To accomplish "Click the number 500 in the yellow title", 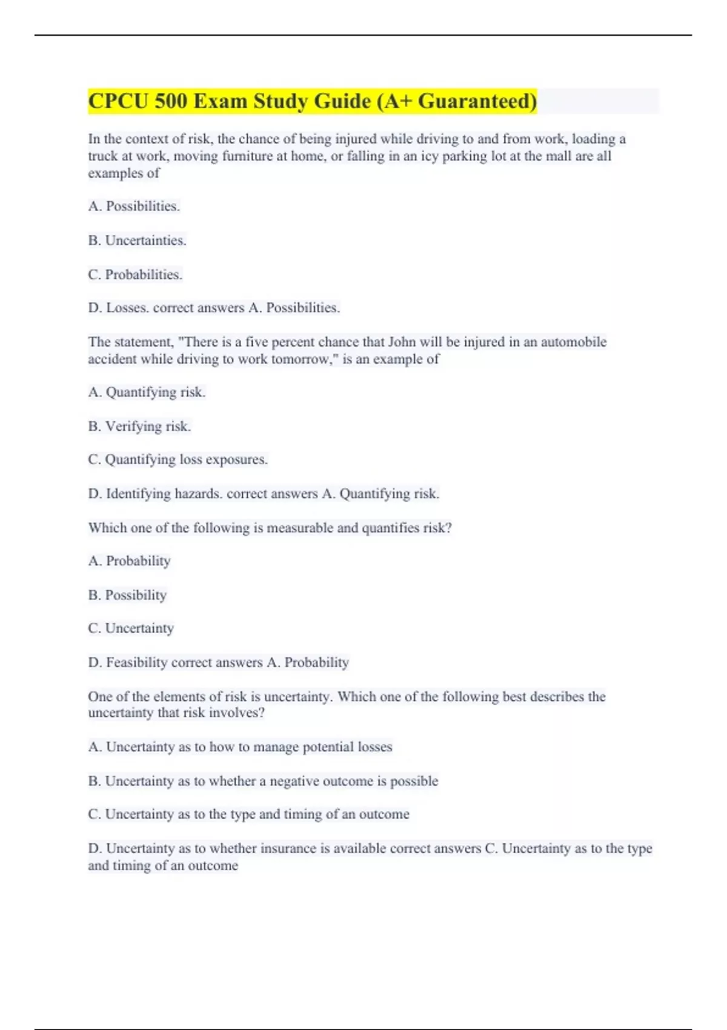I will (171, 101).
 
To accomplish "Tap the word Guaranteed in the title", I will (475, 101).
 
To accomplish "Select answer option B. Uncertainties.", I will (137, 241).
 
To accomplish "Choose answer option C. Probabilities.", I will (135, 274).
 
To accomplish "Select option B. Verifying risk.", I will (139, 427).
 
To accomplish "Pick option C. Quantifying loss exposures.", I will (178, 460).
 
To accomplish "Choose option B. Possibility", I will (127, 595).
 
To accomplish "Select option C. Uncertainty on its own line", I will (131, 628).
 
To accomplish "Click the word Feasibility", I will (137, 662).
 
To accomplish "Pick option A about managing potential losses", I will (240, 747).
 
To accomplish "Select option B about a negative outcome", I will (263, 781).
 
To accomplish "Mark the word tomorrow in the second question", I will (304, 359).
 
